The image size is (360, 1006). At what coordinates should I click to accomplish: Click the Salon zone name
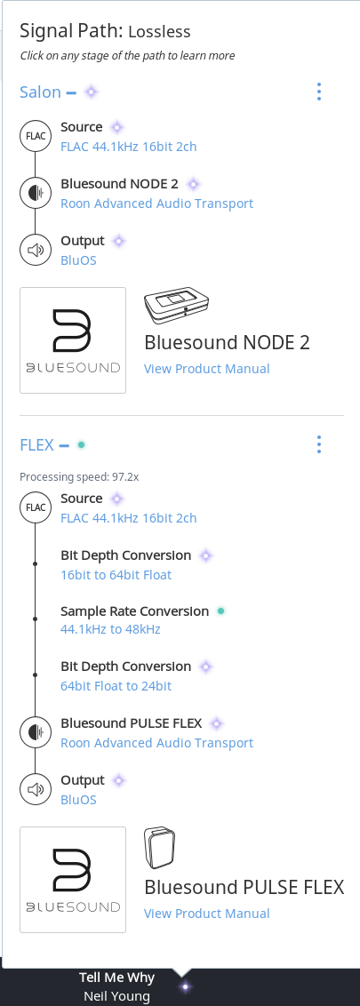pos(40,92)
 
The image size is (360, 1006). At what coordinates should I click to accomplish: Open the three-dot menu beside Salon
pos(319,92)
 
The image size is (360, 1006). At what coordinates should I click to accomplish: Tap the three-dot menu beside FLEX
pos(319,444)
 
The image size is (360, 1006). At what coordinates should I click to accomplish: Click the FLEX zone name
pos(36,444)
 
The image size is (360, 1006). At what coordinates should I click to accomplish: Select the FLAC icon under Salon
pos(36,136)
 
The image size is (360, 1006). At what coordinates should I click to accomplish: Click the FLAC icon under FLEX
pos(36,507)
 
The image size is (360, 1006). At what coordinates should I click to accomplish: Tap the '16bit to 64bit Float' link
pos(116,575)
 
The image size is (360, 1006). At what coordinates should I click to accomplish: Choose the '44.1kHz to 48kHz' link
pos(110,629)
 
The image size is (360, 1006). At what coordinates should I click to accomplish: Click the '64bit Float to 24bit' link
pos(116,686)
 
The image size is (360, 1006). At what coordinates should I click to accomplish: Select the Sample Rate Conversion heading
pos(135,611)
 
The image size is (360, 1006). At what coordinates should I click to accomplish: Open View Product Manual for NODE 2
pos(206,369)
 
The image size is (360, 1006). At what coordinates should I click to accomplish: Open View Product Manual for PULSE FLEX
pos(206,914)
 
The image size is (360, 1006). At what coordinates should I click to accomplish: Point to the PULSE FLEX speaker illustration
pos(159,848)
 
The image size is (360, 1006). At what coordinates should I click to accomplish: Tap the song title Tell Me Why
pos(116,978)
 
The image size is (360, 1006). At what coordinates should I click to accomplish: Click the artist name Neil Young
pos(116,996)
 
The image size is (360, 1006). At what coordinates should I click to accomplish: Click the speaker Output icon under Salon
pos(36,251)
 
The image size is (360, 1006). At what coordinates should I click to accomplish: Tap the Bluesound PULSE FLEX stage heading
pos(131,723)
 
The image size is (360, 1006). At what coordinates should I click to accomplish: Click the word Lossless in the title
pos(160,31)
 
